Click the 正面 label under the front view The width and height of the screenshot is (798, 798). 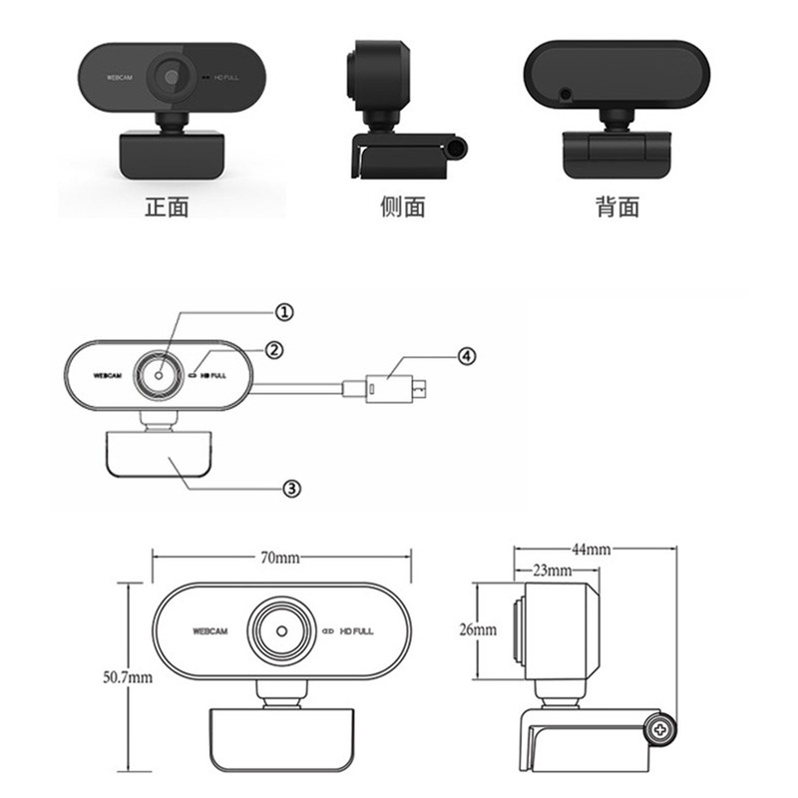167,206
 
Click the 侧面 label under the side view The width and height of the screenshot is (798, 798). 402,206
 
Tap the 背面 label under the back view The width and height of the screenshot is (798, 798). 616,206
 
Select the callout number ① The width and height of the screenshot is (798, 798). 284,312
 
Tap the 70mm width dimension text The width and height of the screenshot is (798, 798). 280,558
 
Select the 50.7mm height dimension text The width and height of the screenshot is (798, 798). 127,677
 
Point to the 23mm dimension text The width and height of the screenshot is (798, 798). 551,572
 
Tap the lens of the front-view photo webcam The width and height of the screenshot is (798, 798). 172,76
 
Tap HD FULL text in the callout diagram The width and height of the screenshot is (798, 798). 215,376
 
